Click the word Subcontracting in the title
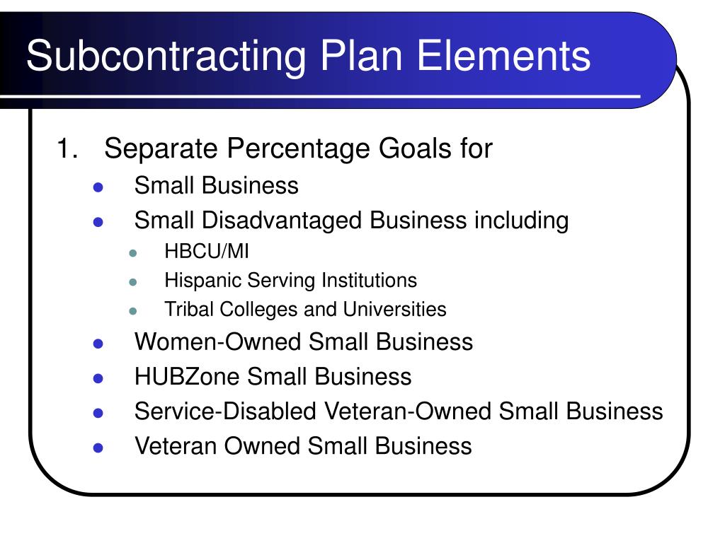(x=166, y=57)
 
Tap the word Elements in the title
(x=503, y=55)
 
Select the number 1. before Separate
(x=67, y=148)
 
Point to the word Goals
(x=415, y=148)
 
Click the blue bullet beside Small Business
(x=98, y=187)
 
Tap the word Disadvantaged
(x=282, y=221)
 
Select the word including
(x=522, y=221)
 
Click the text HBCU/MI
(x=207, y=251)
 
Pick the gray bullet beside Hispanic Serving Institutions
(x=133, y=281)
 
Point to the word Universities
(x=394, y=309)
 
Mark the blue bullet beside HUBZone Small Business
(x=98, y=379)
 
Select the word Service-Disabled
(x=225, y=411)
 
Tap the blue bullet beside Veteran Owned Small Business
(x=98, y=448)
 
